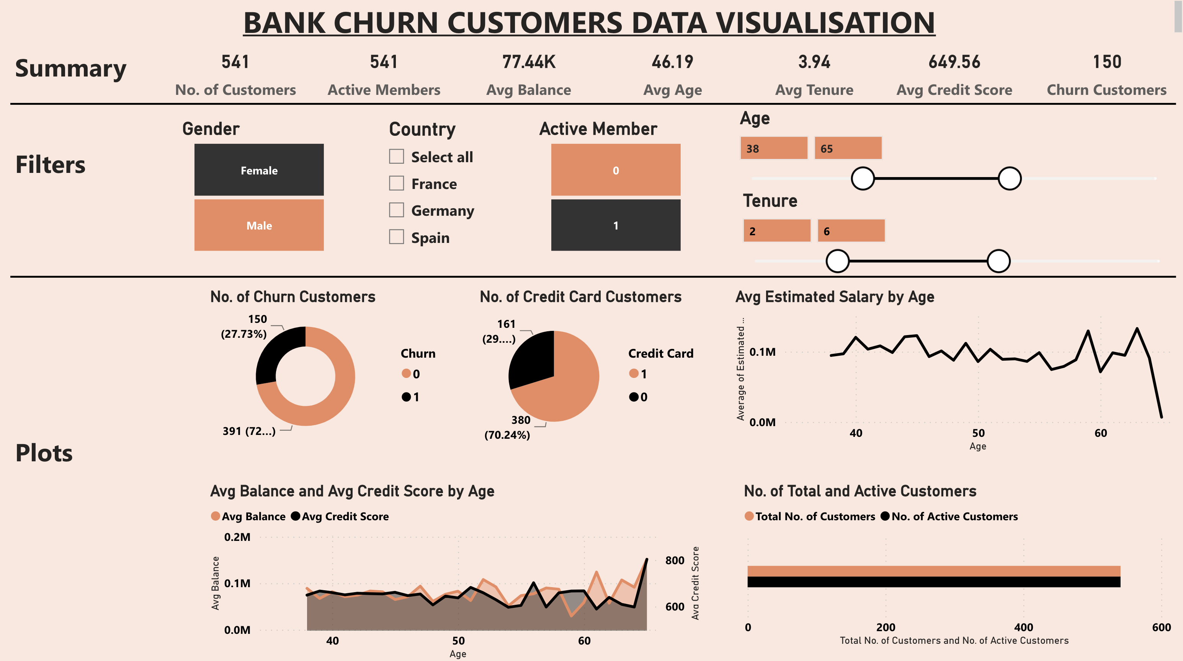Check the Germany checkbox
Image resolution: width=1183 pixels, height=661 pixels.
point(396,210)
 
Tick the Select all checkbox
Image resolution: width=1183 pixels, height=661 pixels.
point(396,156)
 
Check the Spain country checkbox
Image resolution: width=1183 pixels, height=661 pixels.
point(396,237)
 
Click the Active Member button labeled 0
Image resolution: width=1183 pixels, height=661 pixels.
point(615,170)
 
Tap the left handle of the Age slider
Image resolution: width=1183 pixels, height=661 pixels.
point(863,178)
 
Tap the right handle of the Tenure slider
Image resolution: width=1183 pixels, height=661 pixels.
point(998,261)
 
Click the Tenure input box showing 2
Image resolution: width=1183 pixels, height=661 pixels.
point(776,231)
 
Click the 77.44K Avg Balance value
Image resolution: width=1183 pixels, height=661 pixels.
point(529,62)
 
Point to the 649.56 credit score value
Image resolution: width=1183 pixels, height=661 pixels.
point(954,62)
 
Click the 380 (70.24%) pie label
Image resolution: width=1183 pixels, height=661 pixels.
point(507,427)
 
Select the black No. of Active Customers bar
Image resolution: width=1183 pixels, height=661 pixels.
point(933,582)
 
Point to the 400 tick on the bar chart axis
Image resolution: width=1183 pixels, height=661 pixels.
point(1023,627)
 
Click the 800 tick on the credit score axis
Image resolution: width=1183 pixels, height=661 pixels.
point(674,560)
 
